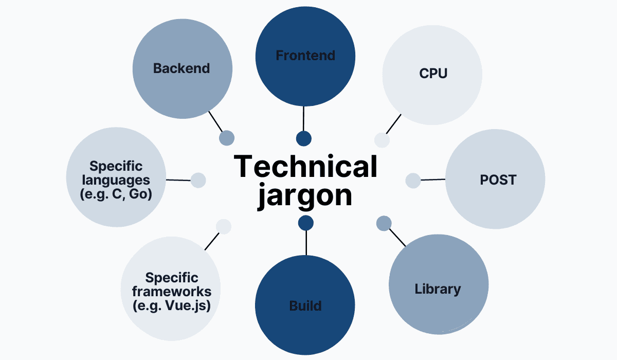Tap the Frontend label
point(305,56)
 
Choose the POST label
point(498,180)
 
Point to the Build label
point(305,305)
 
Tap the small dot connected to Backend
point(227,138)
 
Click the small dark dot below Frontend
point(304,138)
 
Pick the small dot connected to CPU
point(382,139)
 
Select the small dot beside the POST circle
point(413,181)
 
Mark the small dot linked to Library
point(384,223)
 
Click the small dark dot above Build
point(305,223)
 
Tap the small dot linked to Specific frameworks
point(223,226)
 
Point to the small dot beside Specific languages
point(198,180)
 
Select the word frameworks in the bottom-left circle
point(172,292)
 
